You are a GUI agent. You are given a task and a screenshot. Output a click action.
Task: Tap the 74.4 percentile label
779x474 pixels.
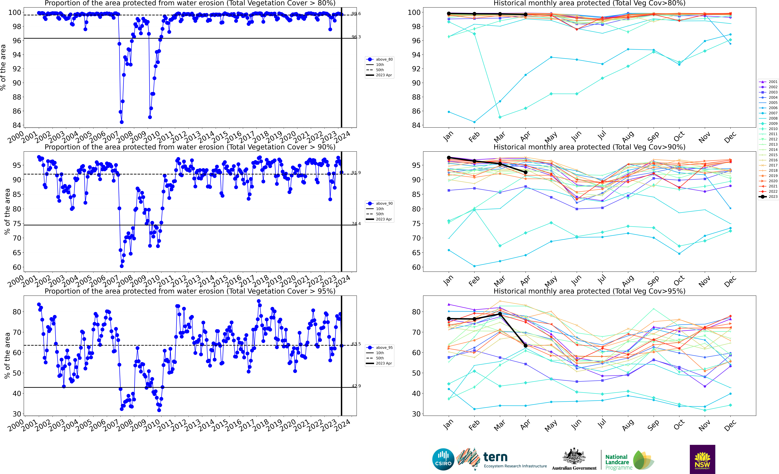(x=356, y=224)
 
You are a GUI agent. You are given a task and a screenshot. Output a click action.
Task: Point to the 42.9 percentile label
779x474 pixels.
(x=356, y=386)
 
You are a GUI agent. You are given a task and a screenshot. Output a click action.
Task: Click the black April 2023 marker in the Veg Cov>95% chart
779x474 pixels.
(x=525, y=346)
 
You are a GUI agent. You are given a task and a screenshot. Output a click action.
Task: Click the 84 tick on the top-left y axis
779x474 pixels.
(x=16, y=125)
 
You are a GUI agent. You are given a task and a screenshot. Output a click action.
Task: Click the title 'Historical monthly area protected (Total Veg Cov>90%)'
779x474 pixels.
(x=589, y=147)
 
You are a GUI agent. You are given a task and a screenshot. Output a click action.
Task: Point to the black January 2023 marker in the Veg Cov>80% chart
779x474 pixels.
(x=449, y=14)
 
